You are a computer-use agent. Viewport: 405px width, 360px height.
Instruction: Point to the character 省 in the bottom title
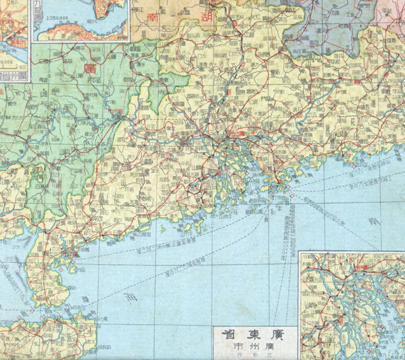pos(228,335)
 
